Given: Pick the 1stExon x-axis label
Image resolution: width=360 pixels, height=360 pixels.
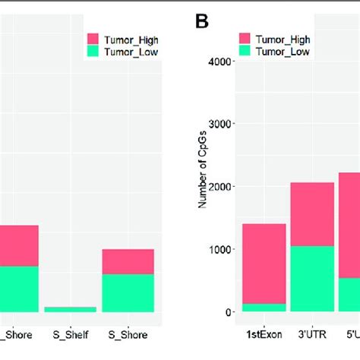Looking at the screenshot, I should click(x=264, y=333).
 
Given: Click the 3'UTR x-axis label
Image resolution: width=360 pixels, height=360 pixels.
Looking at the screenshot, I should click(x=313, y=333).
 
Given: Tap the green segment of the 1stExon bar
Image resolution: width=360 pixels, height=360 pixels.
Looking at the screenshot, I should click(x=264, y=308).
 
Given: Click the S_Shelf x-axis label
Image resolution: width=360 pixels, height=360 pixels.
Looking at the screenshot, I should click(x=71, y=333).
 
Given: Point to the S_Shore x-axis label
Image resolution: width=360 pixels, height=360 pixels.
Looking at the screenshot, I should click(x=128, y=333).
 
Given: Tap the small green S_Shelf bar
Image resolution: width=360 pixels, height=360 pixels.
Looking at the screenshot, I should click(x=71, y=309).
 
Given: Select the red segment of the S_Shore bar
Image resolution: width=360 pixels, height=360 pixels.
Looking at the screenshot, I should click(x=128, y=261).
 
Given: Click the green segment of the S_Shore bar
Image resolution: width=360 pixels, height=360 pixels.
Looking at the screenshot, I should click(x=128, y=292).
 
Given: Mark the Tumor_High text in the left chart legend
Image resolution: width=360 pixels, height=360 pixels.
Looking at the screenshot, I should click(x=133, y=37).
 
